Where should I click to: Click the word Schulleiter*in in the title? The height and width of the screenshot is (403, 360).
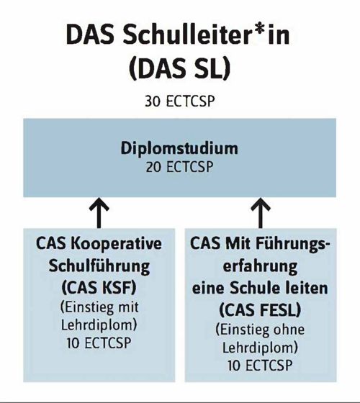(x=206, y=35)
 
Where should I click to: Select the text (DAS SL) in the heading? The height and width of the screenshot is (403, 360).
(x=180, y=69)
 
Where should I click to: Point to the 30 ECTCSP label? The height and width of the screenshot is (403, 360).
(x=180, y=101)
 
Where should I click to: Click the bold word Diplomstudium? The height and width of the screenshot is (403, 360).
(x=179, y=149)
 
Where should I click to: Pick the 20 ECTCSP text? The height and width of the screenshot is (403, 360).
(x=180, y=167)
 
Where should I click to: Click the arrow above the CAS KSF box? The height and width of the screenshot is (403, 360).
(x=99, y=213)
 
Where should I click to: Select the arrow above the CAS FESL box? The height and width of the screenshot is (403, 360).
(x=261, y=213)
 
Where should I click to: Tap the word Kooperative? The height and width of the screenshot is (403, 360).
(x=116, y=244)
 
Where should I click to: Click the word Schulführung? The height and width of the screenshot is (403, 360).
(x=99, y=266)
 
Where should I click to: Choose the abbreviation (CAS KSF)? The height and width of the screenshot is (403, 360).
(x=99, y=288)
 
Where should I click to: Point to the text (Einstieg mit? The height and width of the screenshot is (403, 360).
(x=99, y=307)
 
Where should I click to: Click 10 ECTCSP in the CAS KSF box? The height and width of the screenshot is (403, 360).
(x=99, y=343)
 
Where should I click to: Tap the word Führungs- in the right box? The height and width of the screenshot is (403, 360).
(x=292, y=244)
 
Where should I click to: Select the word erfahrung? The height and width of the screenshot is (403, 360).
(x=260, y=266)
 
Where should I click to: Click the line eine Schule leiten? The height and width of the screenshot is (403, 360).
(x=260, y=288)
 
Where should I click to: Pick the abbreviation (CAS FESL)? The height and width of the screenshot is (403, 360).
(x=260, y=310)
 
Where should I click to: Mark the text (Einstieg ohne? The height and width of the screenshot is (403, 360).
(x=260, y=330)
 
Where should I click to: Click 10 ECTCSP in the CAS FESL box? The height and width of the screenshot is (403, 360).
(x=260, y=366)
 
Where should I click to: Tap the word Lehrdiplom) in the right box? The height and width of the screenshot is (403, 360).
(x=260, y=348)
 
